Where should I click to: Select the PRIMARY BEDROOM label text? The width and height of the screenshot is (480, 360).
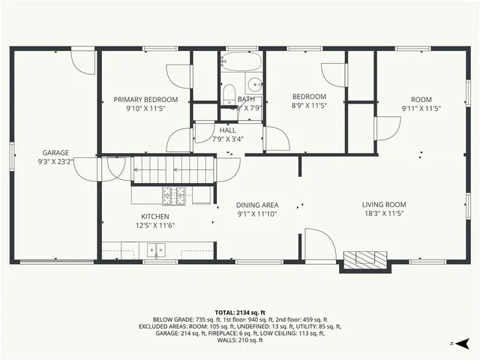coord(145,100)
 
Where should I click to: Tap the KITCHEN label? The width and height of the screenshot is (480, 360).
coord(155,216)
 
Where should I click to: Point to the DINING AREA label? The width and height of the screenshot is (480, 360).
coord(257,205)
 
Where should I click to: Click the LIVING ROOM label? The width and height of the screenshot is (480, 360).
coord(384,205)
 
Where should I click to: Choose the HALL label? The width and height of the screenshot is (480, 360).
coord(228,130)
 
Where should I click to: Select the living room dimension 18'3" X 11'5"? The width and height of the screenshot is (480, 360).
coord(384,214)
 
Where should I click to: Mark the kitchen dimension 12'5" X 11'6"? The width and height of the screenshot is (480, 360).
coord(155,226)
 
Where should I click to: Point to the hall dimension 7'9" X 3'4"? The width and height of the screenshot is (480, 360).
coord(228,139)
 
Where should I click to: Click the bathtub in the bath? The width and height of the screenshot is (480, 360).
coord(241,62)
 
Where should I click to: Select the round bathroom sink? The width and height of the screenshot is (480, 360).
coord(255,84)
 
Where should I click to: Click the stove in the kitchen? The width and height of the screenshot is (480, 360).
coord(177,195)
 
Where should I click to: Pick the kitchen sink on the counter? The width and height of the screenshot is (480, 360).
coord(156,248)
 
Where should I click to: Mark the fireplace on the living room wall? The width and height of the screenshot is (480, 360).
coord(367,259)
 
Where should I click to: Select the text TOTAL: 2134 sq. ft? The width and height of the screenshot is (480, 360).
coord(240,312)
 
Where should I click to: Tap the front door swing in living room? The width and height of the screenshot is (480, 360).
coord(318,244)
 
